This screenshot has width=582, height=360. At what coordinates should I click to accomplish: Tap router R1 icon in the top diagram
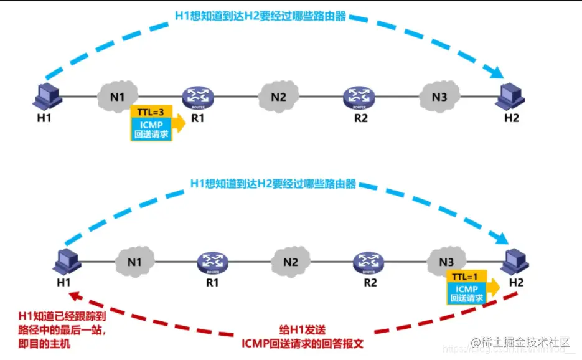click(x=198, y=97)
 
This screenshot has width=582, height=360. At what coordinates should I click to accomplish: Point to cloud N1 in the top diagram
click(x=118, y=97)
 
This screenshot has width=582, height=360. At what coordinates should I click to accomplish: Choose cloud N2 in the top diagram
click(x=278, y=97)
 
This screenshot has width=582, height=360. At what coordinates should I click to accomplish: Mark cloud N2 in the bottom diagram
click(x=290, y=262)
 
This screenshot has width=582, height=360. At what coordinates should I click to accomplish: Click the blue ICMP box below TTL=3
click(x=151, y=129)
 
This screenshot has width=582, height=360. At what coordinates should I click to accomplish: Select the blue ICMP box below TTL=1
click(x=466, y=293)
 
